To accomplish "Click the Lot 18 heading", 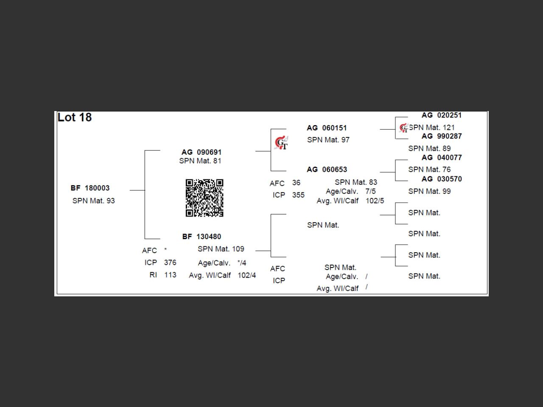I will point(75,117).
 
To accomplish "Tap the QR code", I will point(204,198).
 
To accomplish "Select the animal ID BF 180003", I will point(90,188).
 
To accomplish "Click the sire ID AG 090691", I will point(202,152).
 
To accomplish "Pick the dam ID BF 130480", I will point(202,237).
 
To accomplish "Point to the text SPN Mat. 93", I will point(93,201).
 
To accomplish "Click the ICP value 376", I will point(170,262).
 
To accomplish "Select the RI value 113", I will point(170,275).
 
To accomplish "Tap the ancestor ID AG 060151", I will point(327,128).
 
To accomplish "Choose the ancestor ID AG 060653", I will point(327,170).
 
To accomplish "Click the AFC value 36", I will point(296,183).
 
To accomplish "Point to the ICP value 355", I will point(298,195).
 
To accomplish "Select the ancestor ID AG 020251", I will point(442,115).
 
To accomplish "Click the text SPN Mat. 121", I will point(431,127).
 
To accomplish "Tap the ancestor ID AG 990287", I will point(442,136).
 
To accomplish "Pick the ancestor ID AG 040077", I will point(442,158).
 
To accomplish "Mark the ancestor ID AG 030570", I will point(442,179).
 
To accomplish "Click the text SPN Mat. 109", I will point(221,249).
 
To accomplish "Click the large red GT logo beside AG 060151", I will point(281,143).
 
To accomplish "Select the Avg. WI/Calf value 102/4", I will point(246,275).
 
